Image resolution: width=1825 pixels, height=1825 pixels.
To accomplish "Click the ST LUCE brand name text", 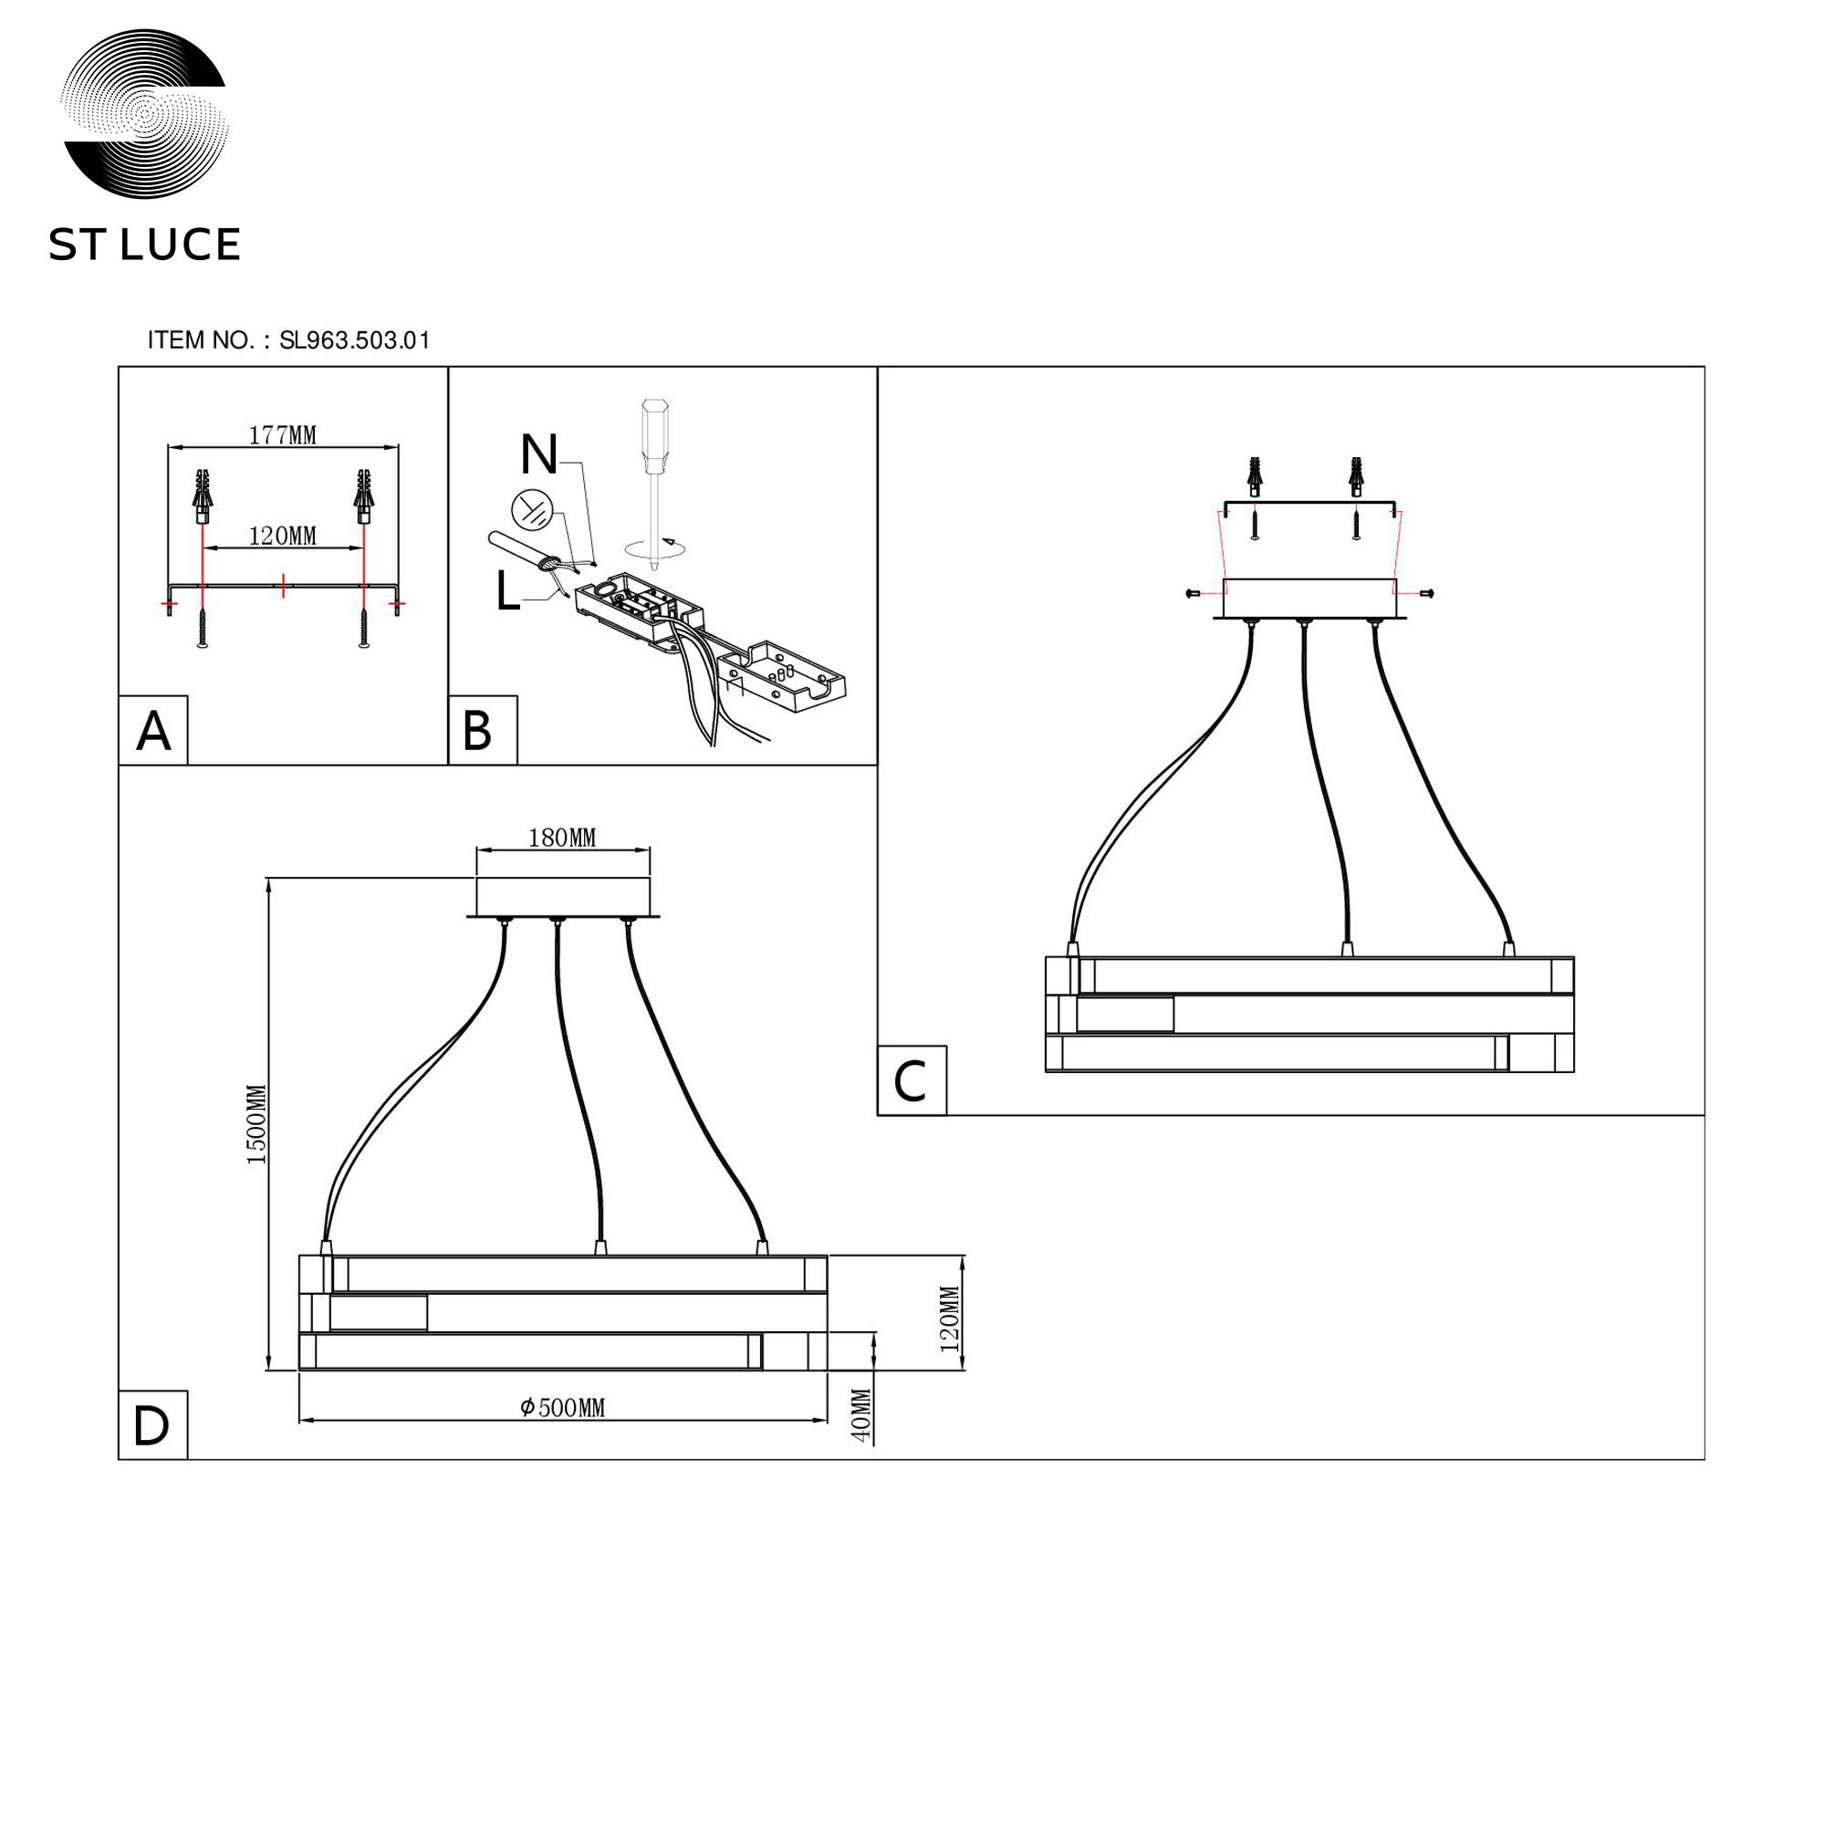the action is tap(144, 245).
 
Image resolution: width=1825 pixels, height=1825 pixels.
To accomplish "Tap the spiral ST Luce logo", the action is tap(144, 113).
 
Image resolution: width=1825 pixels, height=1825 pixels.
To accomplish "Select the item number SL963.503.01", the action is tap(355, 340).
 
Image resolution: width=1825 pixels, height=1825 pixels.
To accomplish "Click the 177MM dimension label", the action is tap(283, 434).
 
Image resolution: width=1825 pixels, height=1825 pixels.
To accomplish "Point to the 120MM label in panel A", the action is tap(283, 536).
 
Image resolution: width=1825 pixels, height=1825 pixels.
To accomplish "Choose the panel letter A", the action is tap(154, 731).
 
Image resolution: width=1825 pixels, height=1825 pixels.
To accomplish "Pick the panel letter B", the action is tap(477, 731).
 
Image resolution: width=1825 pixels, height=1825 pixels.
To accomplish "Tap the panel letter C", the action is tap(910, 1081).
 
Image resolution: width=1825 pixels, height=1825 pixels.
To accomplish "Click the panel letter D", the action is tap(151, 1426).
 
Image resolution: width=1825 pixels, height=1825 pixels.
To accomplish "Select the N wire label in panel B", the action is tap(539, 454).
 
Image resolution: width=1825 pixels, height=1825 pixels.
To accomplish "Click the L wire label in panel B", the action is tap(508, 593).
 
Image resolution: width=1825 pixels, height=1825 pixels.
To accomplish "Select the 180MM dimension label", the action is tap(562, 838).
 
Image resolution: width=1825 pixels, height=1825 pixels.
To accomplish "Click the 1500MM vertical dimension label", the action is tap(257, 1124).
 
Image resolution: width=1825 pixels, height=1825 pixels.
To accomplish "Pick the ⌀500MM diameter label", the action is tap(562, 1407).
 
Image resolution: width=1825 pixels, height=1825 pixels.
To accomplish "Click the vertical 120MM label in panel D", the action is tap(949, 1319).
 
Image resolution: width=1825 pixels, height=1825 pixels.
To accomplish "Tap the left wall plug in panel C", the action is tap(1255, 476).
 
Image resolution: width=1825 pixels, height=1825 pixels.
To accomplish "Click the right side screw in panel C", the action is tap(1426, 592).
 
